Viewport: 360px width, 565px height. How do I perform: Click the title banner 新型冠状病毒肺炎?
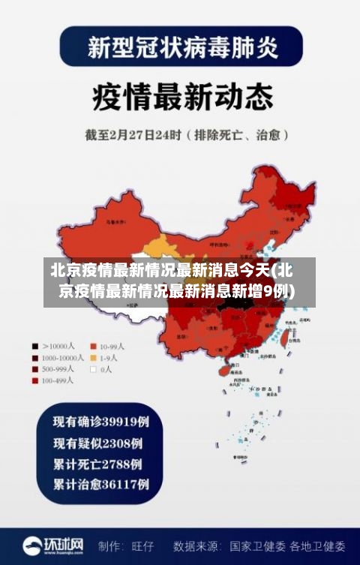point(180,48)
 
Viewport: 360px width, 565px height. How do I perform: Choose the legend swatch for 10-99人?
point(94,347)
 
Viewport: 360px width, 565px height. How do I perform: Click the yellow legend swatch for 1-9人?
point(94,358)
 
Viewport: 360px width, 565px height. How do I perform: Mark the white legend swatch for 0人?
point(94,369)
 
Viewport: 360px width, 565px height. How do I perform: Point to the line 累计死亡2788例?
point(97,463)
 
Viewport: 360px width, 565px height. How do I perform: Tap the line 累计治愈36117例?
point(100,485)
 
